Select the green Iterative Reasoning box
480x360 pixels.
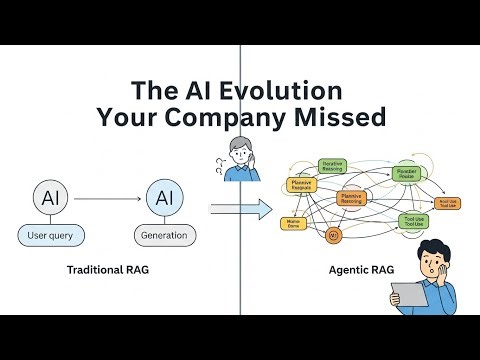[332, 166]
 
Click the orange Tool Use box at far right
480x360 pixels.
[447, 203]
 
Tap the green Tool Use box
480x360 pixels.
[413, 220]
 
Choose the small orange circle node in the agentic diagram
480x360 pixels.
[333, 235]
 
